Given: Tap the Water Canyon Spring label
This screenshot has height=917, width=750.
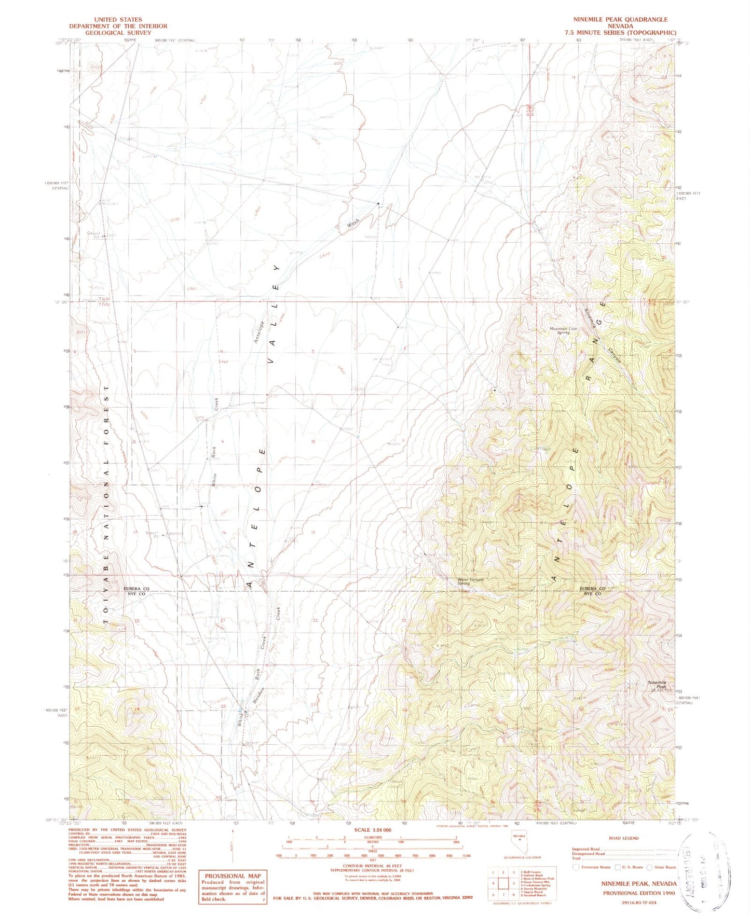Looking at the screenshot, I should pos(470,581).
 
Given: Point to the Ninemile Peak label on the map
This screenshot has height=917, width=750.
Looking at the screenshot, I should pos(657,684).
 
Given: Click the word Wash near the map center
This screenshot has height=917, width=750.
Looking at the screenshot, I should pos(353,225).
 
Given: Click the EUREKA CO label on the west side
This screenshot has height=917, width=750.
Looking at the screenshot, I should pos(137,589).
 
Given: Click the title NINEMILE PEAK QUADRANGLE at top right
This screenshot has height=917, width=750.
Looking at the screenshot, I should pos(620,19).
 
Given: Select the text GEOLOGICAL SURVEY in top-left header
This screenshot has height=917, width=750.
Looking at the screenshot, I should pos(118,33).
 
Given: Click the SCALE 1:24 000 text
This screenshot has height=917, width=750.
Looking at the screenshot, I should pos(373,830).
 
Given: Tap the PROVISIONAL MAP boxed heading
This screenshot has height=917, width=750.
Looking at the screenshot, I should pos(232,876).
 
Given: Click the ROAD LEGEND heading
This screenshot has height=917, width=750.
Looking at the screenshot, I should pos(622,838).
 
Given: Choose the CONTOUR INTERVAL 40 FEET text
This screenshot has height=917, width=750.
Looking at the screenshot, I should pos(372,866).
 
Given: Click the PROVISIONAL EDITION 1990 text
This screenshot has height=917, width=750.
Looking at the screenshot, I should pos(639,893).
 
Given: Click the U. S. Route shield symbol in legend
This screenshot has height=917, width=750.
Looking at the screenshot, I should pos(617,867).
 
